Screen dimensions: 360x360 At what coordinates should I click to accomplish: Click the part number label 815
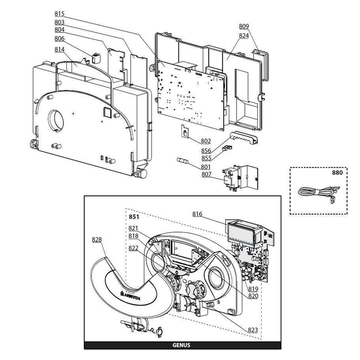point(60,14)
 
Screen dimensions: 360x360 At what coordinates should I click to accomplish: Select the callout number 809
point(244,26)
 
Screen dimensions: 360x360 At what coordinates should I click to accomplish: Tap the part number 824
point(244,36)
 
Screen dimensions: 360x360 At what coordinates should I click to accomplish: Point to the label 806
point(60,39)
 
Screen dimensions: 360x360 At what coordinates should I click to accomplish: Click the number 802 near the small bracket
point(206,141)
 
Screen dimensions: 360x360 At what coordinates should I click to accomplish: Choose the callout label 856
point(206,151)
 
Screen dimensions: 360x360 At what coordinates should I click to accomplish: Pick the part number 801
point(206,167)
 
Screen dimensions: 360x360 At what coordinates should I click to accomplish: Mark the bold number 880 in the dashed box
point(337,173)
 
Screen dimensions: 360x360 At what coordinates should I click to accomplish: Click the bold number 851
point(134,217)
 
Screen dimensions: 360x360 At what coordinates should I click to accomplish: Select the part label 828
point(97,240)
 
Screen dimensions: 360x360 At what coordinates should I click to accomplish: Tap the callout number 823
point(253,330)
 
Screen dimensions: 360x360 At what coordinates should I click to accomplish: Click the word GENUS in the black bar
point(182,345)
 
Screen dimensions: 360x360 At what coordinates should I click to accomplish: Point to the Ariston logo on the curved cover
point(130,296)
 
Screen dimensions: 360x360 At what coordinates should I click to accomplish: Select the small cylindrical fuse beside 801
point(183,160)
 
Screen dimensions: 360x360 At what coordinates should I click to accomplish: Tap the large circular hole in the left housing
point(56,121)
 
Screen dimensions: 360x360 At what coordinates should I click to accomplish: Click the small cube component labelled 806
point(96,58)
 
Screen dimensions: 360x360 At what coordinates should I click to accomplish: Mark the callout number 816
point(197,214)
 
